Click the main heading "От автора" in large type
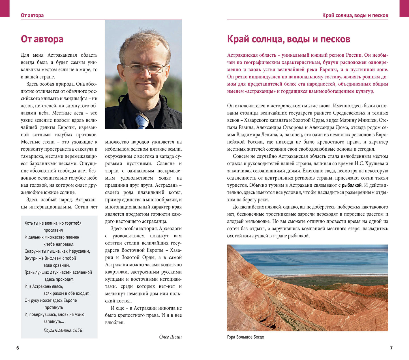tap(42, 39)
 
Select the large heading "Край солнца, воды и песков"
tap(288, 39)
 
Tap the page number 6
tap(18, 348)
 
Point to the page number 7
tap(391, 348)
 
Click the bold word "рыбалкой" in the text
tap(352, 185)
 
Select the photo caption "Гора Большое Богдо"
tap(245, 337)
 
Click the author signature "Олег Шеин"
tap(170, 337)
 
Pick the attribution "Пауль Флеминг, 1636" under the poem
tap(63, 330)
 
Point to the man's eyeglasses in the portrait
tap(144, 68)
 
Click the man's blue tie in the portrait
tap(142, 120)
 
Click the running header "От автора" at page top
tap(32, 15)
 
